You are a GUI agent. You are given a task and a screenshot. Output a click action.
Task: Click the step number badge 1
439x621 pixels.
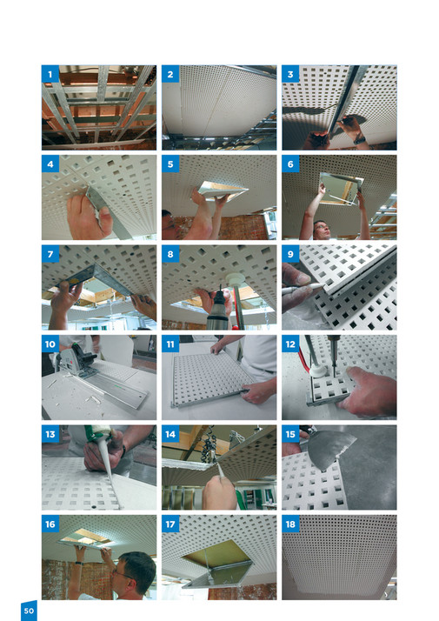(50, 75)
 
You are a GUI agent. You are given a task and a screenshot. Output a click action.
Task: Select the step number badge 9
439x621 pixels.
(290, 254)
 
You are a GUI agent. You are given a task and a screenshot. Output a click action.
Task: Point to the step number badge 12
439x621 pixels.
(290, 344)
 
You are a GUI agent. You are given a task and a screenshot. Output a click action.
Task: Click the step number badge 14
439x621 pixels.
(170, 434)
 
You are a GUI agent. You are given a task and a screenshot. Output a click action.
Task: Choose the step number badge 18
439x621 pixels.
(290, 524)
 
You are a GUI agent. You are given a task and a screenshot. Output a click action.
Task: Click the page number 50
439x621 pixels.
(29, 611)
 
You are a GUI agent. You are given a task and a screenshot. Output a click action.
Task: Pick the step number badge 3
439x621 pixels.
(290, 75)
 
